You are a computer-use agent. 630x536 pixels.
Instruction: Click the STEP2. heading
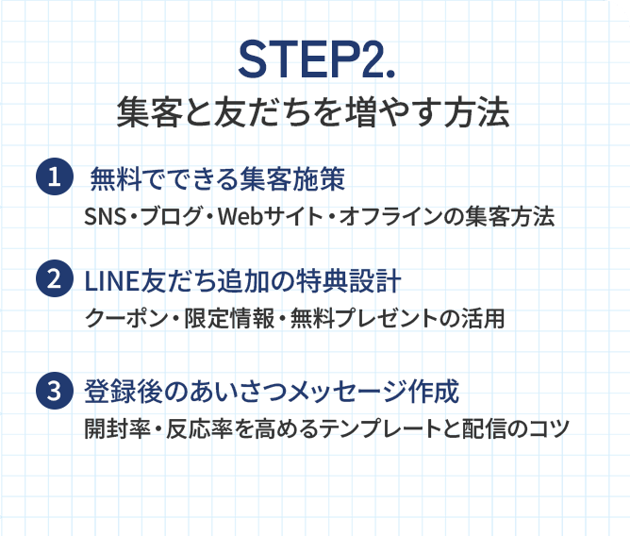pyautogui.click(x=314, y=61)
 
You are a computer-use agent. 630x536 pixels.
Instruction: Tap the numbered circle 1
pyautogui.click(x=54, y=177)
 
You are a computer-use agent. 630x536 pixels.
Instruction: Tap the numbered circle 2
pyautogui.click(x=54, y=279)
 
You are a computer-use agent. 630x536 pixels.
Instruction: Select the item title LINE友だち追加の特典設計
pyautogui.click(x=243, y=279)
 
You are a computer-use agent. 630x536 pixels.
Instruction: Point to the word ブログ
pyautogui.click(x=173, y=217)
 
